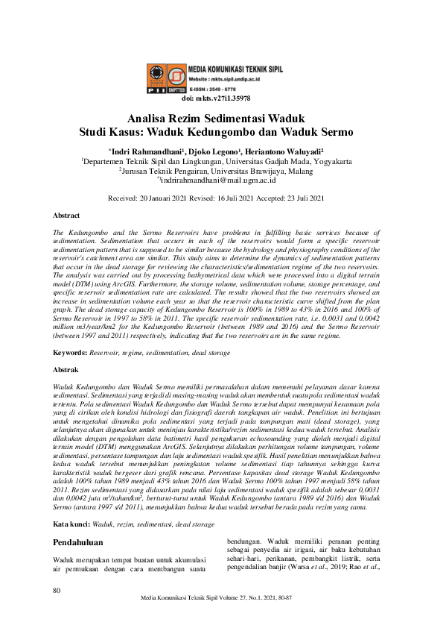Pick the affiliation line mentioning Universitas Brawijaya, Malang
(221, 169)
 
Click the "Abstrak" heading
(67, 369)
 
